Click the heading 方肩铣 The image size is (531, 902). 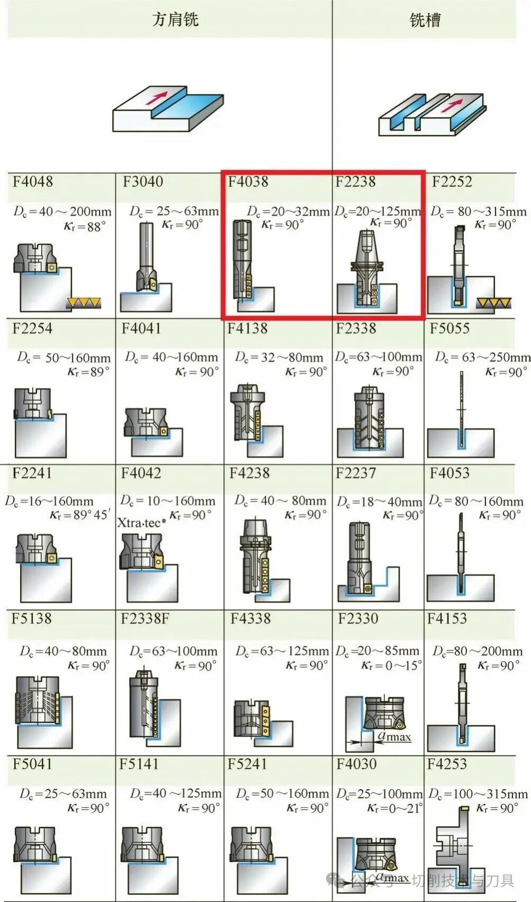tap(175, 19)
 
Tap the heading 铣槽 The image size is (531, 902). tap(425, 20)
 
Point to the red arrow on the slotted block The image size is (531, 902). tap(451, 105)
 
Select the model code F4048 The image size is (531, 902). tap(33, 181)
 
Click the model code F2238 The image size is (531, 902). tap(355, 181)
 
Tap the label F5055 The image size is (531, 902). tap(449, 328)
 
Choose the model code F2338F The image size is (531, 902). tap(145, 619)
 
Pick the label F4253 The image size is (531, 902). tap(447, 764)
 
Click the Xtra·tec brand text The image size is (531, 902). tap(141, 523)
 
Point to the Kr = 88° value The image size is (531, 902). tap(85, 226)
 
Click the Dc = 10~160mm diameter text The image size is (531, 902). tap(168, 501)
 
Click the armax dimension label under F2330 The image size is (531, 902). tap(394, 736)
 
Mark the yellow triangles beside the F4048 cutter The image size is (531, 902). tap(84, 302)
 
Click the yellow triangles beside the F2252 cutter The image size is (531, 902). tap(493, 303)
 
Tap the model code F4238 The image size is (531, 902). tap(249, 473)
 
